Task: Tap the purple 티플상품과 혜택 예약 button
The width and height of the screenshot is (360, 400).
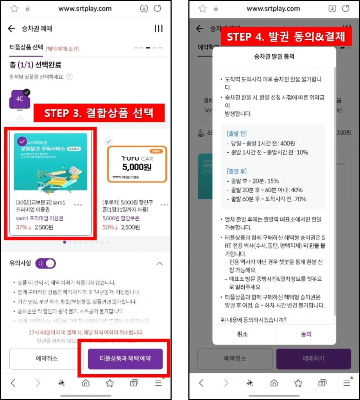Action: [125, 358]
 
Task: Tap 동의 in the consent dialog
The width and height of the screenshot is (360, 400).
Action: [306, 334]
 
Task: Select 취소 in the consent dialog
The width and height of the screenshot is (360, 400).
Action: [242, 334]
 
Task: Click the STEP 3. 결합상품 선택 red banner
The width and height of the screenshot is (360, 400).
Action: [99, 113]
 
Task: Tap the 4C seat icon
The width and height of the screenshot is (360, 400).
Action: [19, 100]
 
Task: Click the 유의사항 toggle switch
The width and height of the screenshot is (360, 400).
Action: [45, 263]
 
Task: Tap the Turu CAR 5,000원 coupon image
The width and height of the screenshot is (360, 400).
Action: [137, 164]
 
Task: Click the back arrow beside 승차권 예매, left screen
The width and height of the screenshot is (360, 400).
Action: [12, 29]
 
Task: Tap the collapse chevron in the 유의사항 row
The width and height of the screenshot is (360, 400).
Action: [159, 263]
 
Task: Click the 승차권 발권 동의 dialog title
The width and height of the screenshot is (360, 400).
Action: [274, 56]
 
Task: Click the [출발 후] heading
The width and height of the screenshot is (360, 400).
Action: [236, 171]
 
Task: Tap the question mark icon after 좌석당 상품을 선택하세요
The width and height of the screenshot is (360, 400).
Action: [69, 77]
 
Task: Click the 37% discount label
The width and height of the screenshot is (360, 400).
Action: [23, 227]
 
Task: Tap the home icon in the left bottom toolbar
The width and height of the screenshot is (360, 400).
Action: [86, 383]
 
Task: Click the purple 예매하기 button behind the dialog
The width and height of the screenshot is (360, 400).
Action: [313, 358]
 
